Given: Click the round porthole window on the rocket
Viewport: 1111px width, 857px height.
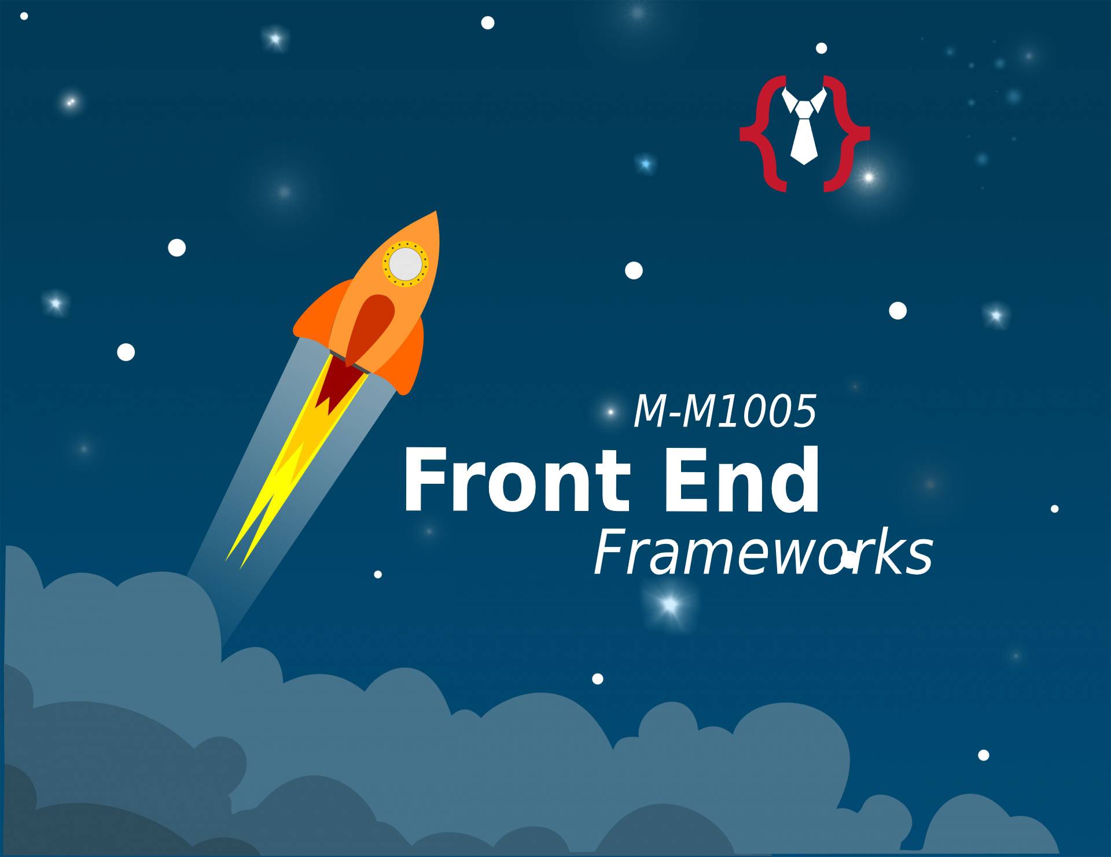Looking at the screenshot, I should [405, 263].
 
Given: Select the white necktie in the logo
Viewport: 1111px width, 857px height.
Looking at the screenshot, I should [804, 130].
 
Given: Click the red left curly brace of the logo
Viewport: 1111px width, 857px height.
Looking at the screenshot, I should [758, 134].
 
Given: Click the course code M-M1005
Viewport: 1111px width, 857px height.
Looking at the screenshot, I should [725, 411].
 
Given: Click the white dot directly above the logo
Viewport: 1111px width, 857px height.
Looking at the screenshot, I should [821, 48].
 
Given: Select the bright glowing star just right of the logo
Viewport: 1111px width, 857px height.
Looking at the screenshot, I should [868, 177].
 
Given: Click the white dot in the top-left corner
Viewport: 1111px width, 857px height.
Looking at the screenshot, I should [24, 16].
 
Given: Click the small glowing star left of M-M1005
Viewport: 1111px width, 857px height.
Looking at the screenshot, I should [610, 412].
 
